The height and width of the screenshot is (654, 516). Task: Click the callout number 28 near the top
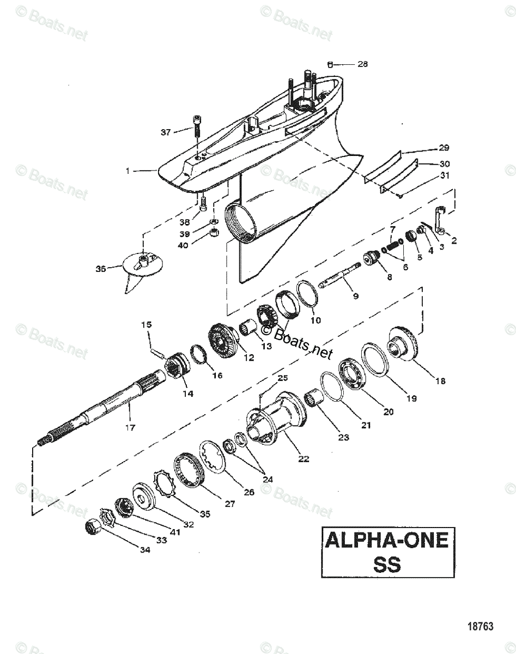(362, 64)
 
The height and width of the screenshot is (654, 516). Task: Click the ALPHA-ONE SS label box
(386, 551)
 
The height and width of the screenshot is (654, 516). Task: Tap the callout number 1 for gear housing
(128, 171)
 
